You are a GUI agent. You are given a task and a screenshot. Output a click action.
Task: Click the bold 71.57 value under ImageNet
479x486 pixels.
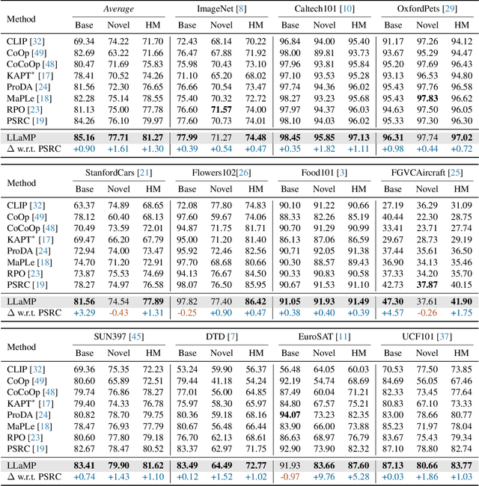tap(222, 108)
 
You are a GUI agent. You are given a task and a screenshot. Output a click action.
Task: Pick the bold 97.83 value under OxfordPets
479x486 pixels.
tap(428, 97)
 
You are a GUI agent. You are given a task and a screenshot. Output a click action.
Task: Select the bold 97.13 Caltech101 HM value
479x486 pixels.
tap(359, 138)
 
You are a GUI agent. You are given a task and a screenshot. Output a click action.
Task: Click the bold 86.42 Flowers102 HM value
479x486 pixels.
tap(256, 301)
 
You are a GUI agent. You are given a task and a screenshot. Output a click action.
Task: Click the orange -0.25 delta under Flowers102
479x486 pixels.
tap(188, 312)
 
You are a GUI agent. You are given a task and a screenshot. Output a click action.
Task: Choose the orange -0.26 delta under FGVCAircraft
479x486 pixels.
tap(428, 312)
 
